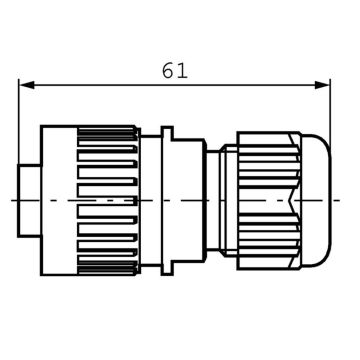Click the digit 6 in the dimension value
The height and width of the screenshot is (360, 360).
(168, 71)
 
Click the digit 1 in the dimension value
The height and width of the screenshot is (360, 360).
(183, 71)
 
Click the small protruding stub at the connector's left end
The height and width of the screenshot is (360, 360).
(30, 200)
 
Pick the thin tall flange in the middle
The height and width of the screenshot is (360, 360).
(167, 200)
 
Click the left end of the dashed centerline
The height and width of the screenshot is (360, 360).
(12, 200)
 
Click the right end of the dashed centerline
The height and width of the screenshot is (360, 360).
(345, 200)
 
